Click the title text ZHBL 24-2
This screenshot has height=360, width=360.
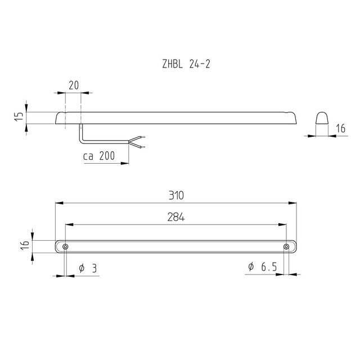point(186,64)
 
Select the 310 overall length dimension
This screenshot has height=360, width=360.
point(176,195)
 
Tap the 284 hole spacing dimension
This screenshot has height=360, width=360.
point(176,217)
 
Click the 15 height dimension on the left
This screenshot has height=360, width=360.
point(19,116)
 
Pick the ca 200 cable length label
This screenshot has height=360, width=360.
point(102,156)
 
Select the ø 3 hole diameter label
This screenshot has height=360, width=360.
point(88,268)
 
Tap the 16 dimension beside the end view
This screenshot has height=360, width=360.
point(340,129)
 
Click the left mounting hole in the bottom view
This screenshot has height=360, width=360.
point(66,247)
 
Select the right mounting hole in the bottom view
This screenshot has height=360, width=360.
point(286,247)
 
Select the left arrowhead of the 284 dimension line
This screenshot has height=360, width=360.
point(69,223)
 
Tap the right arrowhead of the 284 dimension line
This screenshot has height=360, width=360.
point(283,223)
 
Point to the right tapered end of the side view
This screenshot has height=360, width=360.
point(292,118)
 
